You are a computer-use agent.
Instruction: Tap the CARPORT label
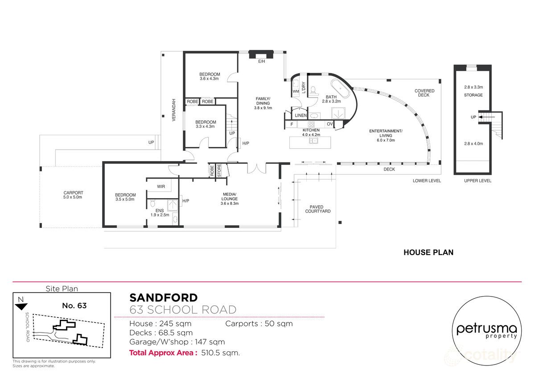click(73, 195)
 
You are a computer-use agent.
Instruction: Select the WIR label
click(161, 187)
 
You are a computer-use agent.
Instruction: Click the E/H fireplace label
click(261, 61)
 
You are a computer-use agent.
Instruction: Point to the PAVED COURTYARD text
click(318, 209)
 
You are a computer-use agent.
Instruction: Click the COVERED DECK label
click(424, 93)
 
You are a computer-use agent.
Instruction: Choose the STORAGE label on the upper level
click(473, 95)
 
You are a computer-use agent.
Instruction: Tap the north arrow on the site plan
click(21, 306)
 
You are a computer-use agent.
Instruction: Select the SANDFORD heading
click(163, 297)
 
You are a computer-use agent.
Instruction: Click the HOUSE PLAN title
click(428, 252)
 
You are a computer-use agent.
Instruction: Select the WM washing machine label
click(295, 92)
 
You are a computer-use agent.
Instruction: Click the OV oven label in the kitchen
click(330, 124)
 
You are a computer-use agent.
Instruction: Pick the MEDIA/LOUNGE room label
click(230, 199)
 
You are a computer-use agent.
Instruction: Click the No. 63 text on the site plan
click(74, 306)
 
